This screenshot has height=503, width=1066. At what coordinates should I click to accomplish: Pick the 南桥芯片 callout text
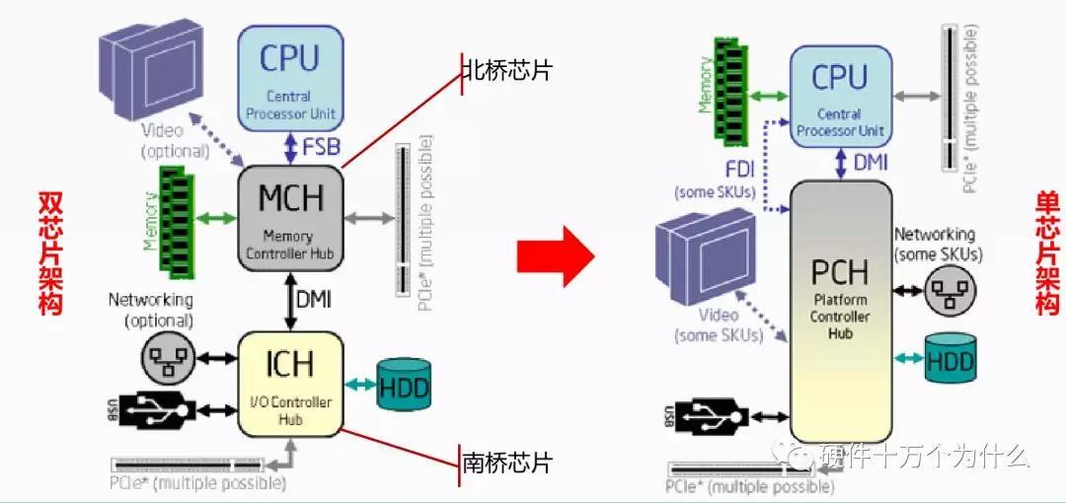click(506, 463)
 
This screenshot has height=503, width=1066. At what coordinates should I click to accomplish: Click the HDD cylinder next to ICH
click(405, 386)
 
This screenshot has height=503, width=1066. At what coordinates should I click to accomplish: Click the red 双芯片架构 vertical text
click(49, 252)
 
